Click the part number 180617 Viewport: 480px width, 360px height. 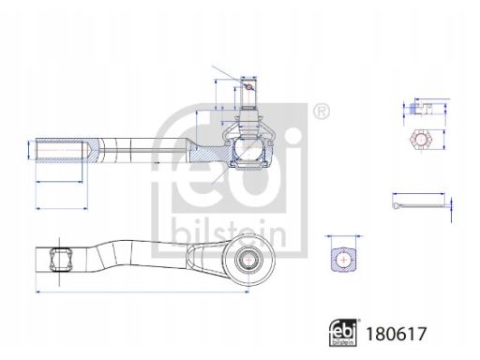click(x=396, y=334)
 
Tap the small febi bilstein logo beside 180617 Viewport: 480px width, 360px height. click(x=343, y=333)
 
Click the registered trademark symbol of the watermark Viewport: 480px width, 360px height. click(x=321, y=111)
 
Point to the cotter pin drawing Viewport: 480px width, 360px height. click(x=419, y=205)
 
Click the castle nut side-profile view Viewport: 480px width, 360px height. click(x=421, y=108)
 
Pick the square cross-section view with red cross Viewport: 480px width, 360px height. click(x=344, y=259)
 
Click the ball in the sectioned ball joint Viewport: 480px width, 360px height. click(x=248, y=148)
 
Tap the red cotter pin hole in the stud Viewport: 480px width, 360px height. click(x=248, y=87)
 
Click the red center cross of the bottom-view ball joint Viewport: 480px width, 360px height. click(x=248, y=260)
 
